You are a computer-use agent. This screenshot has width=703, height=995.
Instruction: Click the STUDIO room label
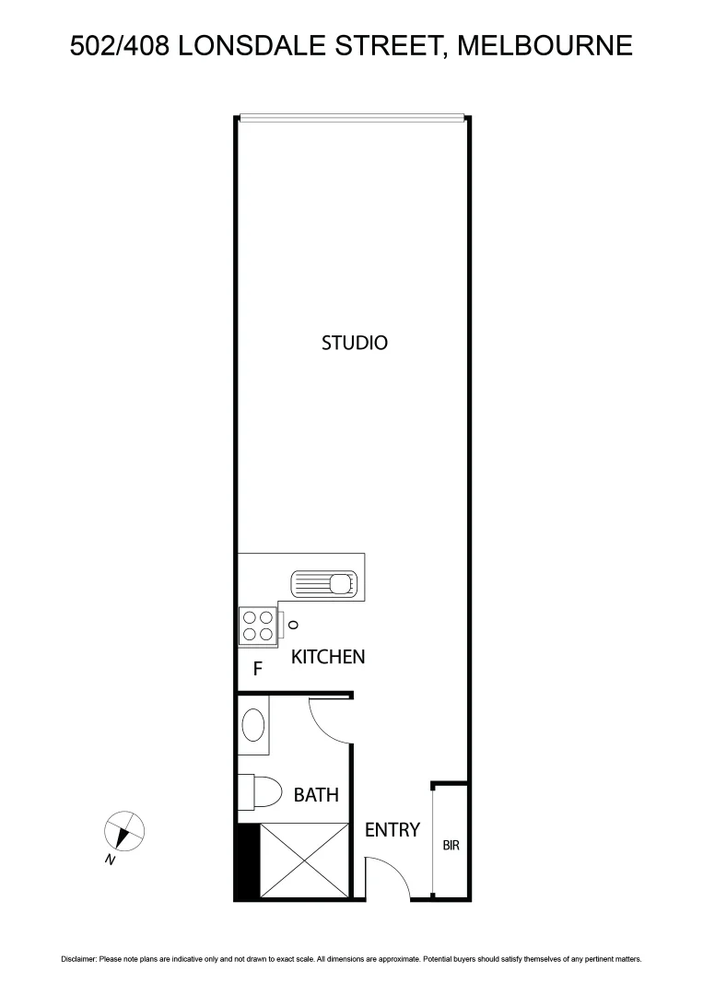(x=354, y=343)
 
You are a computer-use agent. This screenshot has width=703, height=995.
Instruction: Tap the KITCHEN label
(x=328, y=657)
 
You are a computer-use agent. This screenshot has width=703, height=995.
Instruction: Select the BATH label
(x=316, y=794)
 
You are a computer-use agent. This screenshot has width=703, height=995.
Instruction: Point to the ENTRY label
(x=392, y=830)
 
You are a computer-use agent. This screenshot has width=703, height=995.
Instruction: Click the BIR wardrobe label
(x=451, y=845)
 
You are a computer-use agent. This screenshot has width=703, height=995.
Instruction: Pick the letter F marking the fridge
(x=259, y=670)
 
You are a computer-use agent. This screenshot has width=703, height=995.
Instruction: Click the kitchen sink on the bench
(x=323, y=583)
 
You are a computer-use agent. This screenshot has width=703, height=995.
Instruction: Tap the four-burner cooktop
(x=257, y=626)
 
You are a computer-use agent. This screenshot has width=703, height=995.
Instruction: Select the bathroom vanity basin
(x=254, y=724)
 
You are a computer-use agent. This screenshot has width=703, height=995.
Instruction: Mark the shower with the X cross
(x=303, y=861)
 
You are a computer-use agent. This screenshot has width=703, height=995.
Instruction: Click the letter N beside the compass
(x=110, y=860)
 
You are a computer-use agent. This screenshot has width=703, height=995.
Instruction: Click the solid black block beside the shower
(x=247, y=861)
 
